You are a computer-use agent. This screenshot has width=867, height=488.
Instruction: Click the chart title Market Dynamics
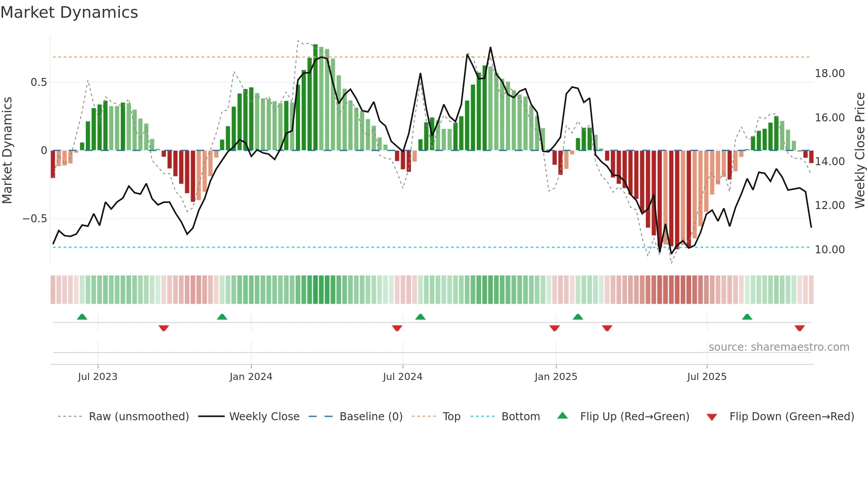coord(69,12)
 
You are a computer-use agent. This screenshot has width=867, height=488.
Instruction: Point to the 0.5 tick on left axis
coord(38,82)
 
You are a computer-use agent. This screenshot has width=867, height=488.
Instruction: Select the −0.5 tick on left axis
coord(35,219)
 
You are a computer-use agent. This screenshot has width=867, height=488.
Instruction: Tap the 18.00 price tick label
coord(829,74)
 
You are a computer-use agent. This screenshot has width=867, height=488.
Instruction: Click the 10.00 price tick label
coord(829,250)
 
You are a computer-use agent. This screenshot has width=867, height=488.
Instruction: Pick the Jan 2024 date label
coord(251,377)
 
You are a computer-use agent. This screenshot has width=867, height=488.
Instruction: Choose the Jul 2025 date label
coord(706,377)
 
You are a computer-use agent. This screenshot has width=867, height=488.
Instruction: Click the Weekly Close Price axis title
coord(859,151)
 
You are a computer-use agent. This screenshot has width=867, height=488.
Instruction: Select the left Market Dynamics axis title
coord(7,151)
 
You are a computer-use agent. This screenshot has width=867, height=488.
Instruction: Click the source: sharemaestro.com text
coord(779,347)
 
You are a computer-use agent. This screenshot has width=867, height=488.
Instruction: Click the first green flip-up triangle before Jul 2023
coord(82,317)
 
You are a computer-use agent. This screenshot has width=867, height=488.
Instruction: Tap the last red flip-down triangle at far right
coord(799,328)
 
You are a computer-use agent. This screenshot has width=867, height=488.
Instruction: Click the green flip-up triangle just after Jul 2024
coord(420,317)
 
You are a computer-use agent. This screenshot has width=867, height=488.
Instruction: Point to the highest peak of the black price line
coord(490,47)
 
